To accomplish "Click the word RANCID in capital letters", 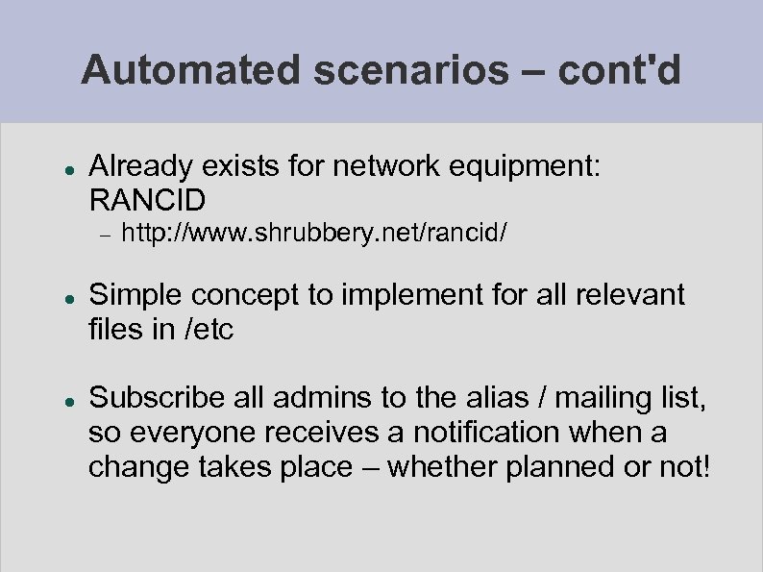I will [x=147, y=201].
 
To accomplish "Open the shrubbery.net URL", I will [x=315, y=234].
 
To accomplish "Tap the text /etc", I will [x=207, y=330].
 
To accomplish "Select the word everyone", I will [x=183, y=433].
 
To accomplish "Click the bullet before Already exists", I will [x=61, y=167].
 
